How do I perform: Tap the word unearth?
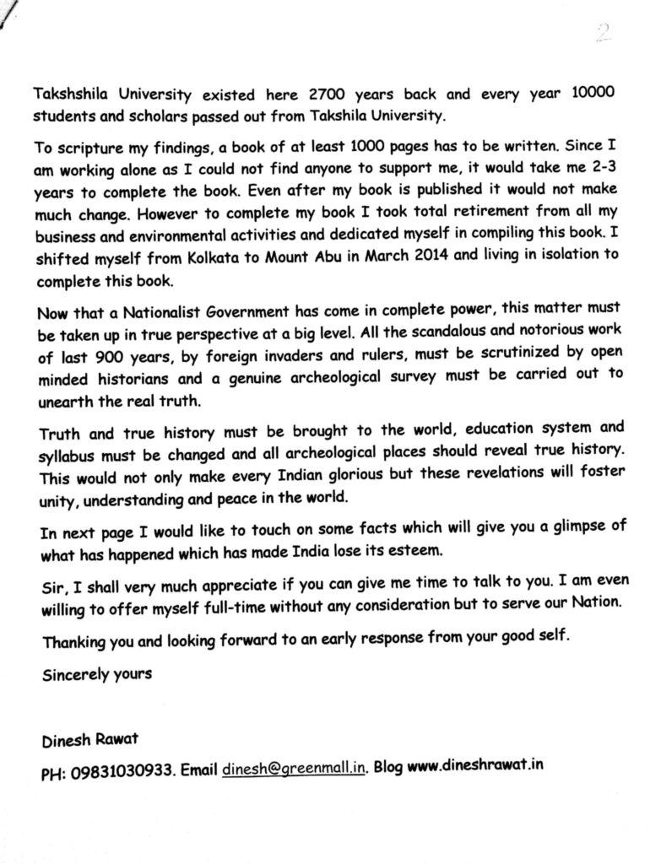(x=65, y=392)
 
